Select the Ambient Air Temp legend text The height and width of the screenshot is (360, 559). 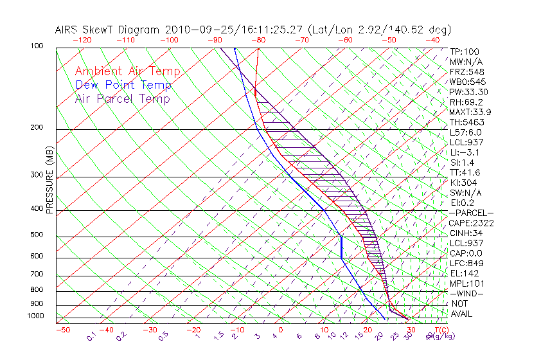(127, 71)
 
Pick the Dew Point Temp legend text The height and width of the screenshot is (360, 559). (123, 85)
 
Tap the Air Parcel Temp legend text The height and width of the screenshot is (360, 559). (122, 98)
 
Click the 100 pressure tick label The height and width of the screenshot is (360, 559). (37, 46)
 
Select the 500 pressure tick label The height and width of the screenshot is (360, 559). (37, 235)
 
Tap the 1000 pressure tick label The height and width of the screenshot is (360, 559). (35, 316)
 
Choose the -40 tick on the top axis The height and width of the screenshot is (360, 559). (432, 40)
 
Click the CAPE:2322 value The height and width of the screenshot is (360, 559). (471, 223)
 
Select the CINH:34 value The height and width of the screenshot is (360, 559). (466, 233)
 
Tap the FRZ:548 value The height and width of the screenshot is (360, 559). (466, 72)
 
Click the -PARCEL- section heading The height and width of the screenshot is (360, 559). (471, 213)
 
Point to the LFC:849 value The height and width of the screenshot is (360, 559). (466, 263)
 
